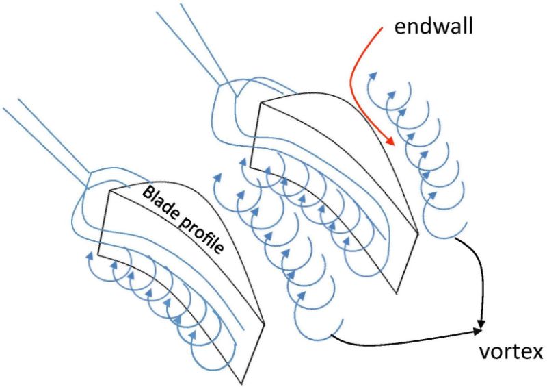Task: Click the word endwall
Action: click(433, 26)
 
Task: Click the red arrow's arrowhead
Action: click(390, 140)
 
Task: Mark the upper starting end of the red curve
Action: click(382, 27)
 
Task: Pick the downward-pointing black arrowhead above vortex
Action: click(482, 324)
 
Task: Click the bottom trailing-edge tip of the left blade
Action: click(241, 384)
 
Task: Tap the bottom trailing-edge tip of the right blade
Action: click(397, 293)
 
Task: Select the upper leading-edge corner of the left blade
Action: click(111, 191)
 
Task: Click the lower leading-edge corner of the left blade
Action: click(98, 255)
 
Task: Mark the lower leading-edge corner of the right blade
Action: click(250, 166)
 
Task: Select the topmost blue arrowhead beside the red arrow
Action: click(373, 75)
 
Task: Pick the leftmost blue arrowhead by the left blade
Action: click(90, 255)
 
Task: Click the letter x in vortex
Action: click(537, 352)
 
